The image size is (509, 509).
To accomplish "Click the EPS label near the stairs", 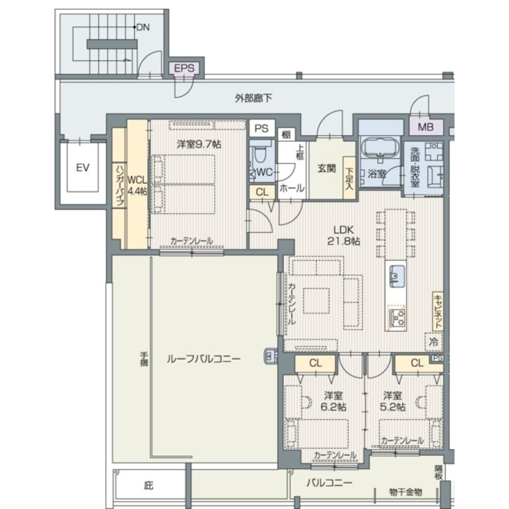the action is point(184,69).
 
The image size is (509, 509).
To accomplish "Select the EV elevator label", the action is point(82,168).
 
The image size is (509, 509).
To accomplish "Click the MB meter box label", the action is point(426,127).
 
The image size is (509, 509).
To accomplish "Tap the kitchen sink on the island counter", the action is point(397,275).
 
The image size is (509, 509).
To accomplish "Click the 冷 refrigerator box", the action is point(434,342).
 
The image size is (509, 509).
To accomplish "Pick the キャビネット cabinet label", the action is point(438,312).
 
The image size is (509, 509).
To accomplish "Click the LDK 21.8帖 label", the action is point(344,235).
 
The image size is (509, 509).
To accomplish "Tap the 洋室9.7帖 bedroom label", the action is point(199,144).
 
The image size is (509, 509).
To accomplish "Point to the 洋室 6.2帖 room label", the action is point(333,401).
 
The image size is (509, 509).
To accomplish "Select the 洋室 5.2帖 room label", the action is point(392,401).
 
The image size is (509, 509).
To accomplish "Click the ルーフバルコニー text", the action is point(204,359).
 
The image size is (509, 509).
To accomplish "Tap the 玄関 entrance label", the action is point(327,168).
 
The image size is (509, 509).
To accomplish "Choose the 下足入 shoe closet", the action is point(349,178).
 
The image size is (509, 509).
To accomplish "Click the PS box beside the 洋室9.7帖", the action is point(262,128).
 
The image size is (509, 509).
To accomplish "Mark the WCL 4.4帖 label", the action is point(137,185).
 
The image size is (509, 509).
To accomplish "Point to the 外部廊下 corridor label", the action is point(253,98).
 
